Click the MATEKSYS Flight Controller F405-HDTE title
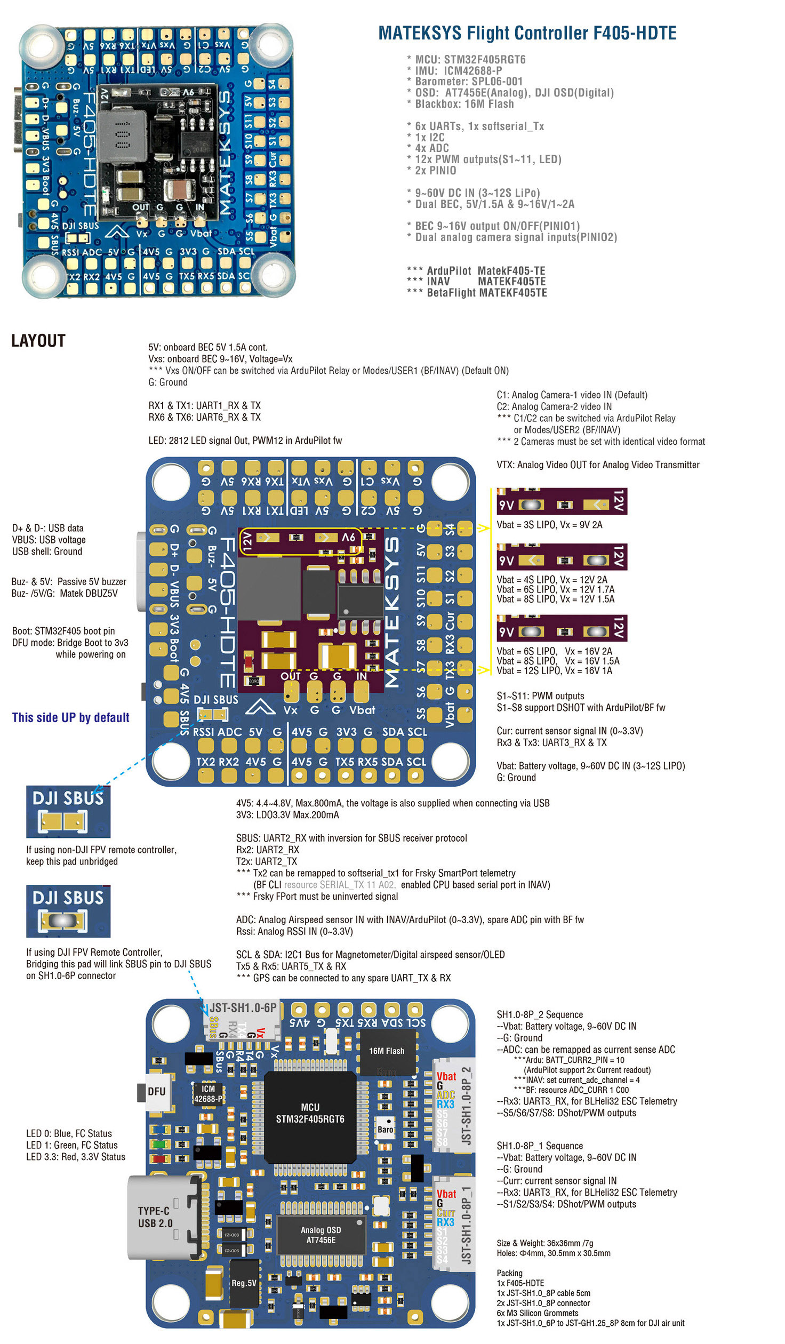point(527,33)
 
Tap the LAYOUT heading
point(38,341)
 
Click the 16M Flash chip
point(387,1051)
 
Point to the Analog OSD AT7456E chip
point(321,1235)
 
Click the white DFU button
point(156,1092)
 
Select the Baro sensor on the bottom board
point(385,1130)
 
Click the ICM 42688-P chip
point(208,1094)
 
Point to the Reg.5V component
point(244,1283)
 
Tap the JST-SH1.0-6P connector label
point(243,1008)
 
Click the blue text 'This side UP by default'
point(70,717)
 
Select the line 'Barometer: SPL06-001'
point(469,82)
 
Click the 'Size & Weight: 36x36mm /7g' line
point(544,1243)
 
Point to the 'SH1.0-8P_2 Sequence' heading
point(540,1014)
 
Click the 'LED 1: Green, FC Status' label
point(72,1145)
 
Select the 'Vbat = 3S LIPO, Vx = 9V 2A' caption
point(549,525)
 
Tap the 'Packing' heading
point(509,1273)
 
